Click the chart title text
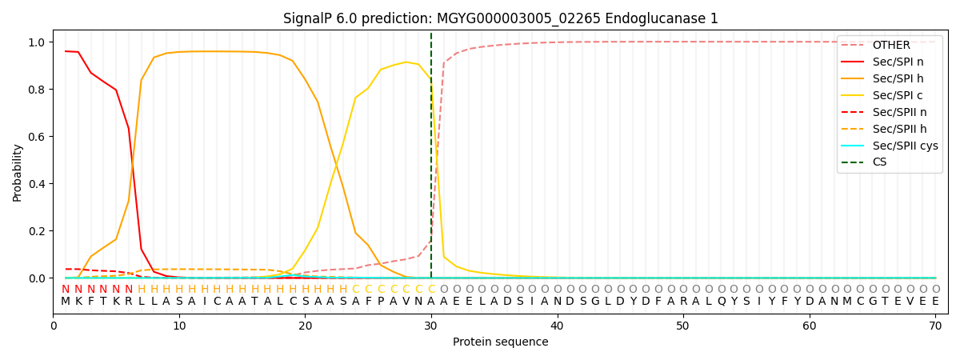(x=500, y=18)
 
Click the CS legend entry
(x=879, y=162)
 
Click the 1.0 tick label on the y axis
(x=38, y=42)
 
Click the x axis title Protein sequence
(x=500, y=342)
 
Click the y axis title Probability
(x=18, y=172)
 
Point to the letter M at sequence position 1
(x=66, y=302)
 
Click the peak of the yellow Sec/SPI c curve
(x=406, y=62)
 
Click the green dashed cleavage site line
(x=431, y=160)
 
